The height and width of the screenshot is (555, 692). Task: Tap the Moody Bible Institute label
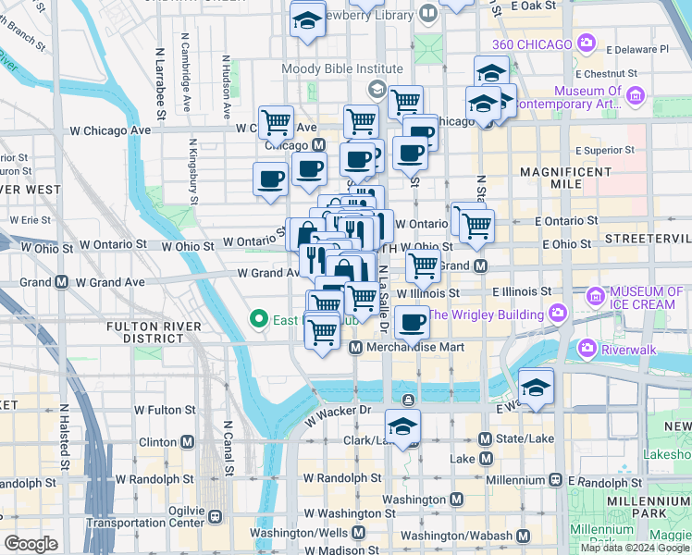[x=343, y=69]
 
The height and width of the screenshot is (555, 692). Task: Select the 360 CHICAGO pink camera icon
[x=586, y=43]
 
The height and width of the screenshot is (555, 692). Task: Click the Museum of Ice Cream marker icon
[x=595, y=297]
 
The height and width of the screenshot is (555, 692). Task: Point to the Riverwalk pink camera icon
[x=586, y=349]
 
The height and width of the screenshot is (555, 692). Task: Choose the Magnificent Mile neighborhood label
[x=555, y=179]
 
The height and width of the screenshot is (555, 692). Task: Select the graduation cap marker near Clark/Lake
[x=402, y=427]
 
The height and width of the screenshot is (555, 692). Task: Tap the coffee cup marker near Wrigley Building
[x=412, y=323]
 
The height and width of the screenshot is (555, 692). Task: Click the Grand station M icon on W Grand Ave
[x=61, y=281]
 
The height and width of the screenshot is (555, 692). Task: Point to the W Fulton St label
[x=165, y=409]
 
